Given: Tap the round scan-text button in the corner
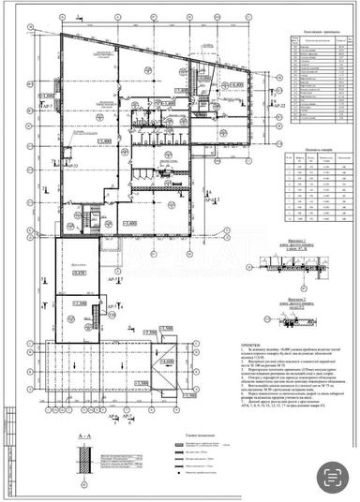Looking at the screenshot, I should pos(331,476).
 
